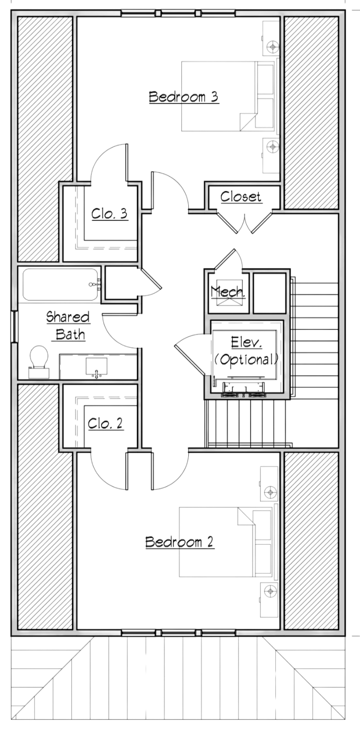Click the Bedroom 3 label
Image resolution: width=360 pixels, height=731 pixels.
[183, 97]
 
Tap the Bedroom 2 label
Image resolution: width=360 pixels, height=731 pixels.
[180, 541]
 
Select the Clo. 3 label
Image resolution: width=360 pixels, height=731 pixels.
[109, 214]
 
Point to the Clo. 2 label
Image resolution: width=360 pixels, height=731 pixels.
[105, 423]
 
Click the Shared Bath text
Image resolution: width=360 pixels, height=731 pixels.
[68, 325]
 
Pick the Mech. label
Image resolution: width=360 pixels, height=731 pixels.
[228, 292]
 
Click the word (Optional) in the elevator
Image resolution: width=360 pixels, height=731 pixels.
[246, 359]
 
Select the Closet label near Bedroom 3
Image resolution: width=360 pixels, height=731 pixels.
[241, 197]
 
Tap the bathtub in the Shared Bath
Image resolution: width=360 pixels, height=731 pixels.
[61, 285]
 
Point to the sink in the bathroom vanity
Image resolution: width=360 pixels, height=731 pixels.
[97, 367]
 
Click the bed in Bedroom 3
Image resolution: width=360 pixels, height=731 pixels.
[229, 97]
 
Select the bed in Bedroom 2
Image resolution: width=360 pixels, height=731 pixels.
[227, 542]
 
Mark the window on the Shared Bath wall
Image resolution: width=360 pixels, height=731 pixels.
[14, 326]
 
